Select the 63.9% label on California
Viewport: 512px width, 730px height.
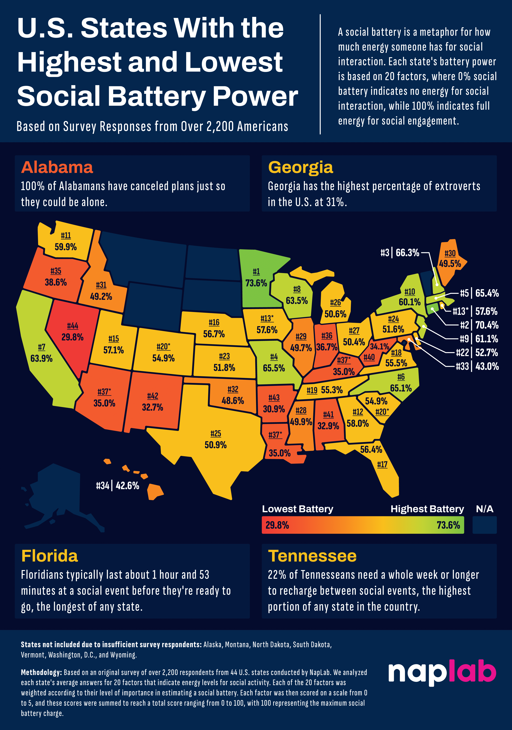point(41,358)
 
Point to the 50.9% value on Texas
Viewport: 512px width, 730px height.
point(215,445)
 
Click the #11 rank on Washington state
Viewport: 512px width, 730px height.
point(66,236)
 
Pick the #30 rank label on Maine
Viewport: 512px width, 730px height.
point(450,253)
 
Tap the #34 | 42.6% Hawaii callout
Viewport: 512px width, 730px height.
point(118,486)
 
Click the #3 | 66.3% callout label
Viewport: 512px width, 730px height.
point(400,253)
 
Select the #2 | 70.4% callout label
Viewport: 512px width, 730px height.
point(479,325)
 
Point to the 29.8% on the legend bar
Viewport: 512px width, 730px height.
point(277,525)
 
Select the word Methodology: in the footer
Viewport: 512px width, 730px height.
point(41,672)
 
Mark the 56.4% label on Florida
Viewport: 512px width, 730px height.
point(371,450)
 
